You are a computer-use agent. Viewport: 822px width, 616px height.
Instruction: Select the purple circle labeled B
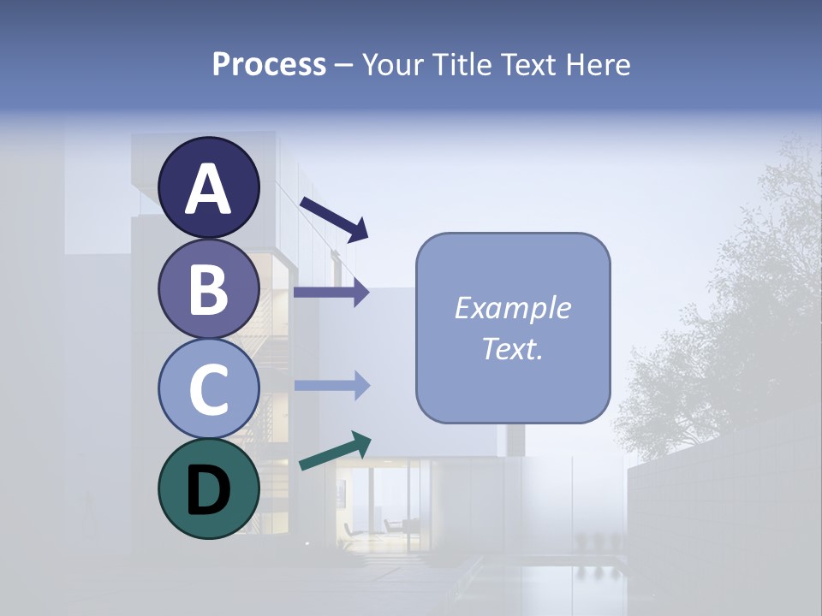(208, 288)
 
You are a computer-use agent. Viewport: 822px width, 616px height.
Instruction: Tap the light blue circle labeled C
(208, 388)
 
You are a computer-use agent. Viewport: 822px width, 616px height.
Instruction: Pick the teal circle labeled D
(208, 489)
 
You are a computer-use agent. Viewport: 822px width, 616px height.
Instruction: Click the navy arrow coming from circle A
(334, 217)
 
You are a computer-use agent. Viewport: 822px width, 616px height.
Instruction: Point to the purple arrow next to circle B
(331, 292)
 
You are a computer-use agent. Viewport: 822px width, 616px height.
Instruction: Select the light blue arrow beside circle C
(331, 386)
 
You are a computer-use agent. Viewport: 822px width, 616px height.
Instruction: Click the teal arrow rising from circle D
(335, 451)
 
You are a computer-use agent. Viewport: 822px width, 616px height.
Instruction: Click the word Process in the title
(269, 64)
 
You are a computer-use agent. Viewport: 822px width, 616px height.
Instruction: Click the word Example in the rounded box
(512, 308)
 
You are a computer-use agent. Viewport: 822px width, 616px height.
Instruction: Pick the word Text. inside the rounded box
(512, 348)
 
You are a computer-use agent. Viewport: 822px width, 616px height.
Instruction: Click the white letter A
(208, 189)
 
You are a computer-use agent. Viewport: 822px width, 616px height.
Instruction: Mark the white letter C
(208, 389)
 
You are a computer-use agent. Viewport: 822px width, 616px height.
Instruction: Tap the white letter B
(208, 289)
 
